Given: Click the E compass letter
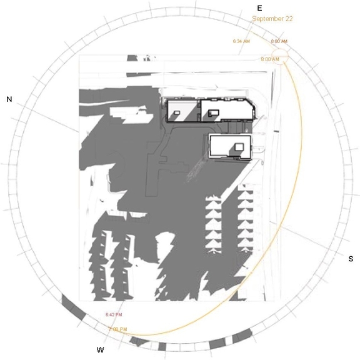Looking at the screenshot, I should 259,8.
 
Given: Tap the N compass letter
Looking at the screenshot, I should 9,99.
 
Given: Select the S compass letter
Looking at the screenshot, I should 351,259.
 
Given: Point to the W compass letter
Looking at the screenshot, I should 100,350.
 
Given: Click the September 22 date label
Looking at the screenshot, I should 272,19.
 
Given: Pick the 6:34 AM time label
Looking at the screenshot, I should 241,41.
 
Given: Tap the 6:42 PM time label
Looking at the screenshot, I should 114,314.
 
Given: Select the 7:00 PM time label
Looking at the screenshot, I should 117,329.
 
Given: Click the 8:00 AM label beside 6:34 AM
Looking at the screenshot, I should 279,41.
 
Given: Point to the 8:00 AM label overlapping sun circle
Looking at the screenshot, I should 270,59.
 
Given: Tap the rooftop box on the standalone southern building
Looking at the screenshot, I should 239,146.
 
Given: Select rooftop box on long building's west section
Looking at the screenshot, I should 177,114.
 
